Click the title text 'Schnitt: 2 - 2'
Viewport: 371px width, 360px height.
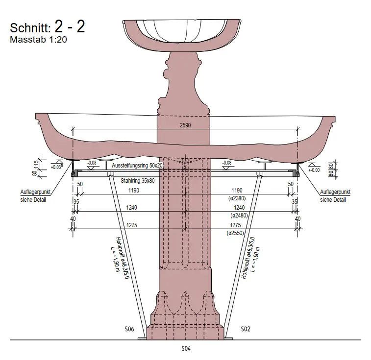[x=48, y=27]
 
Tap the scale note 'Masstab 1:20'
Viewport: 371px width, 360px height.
[x=38, y=40]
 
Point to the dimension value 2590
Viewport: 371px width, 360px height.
[x=185, y=125]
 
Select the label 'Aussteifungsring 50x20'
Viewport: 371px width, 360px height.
[x=137, y=166]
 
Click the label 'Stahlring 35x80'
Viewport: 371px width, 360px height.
[x=137, y=181]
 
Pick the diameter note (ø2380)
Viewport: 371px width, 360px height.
[x=237, y=198]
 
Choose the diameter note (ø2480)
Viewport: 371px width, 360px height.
[x=239, y=216]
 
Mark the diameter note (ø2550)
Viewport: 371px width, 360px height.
[x=235, y=233]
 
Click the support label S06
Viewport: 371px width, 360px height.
[x=129, y=329]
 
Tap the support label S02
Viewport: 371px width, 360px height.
[x=246, y=329]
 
